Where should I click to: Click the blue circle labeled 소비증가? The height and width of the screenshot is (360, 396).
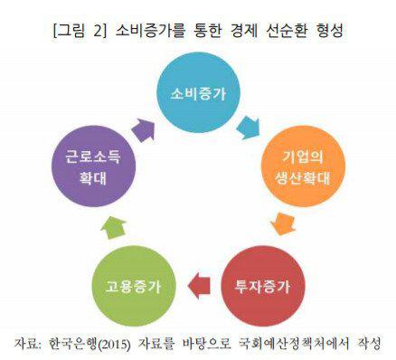(199, 92)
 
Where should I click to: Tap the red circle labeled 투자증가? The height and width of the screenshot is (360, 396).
(263, 287)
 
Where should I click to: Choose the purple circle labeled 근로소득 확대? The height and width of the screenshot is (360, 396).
(93, 166)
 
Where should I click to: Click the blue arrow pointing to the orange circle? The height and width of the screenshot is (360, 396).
(248, 128)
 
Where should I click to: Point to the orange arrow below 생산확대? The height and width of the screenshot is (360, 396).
(283, 223)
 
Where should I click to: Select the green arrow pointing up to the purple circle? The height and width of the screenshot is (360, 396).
(113, 228)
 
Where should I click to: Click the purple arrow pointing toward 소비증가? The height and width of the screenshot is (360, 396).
(144, 129)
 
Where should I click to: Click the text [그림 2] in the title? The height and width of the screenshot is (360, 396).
(80, 31)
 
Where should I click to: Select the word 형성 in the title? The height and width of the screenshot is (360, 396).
(328, 31)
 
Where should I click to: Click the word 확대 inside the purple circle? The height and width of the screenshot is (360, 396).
(93, 178)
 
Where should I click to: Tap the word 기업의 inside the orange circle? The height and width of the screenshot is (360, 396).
(302, 157)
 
